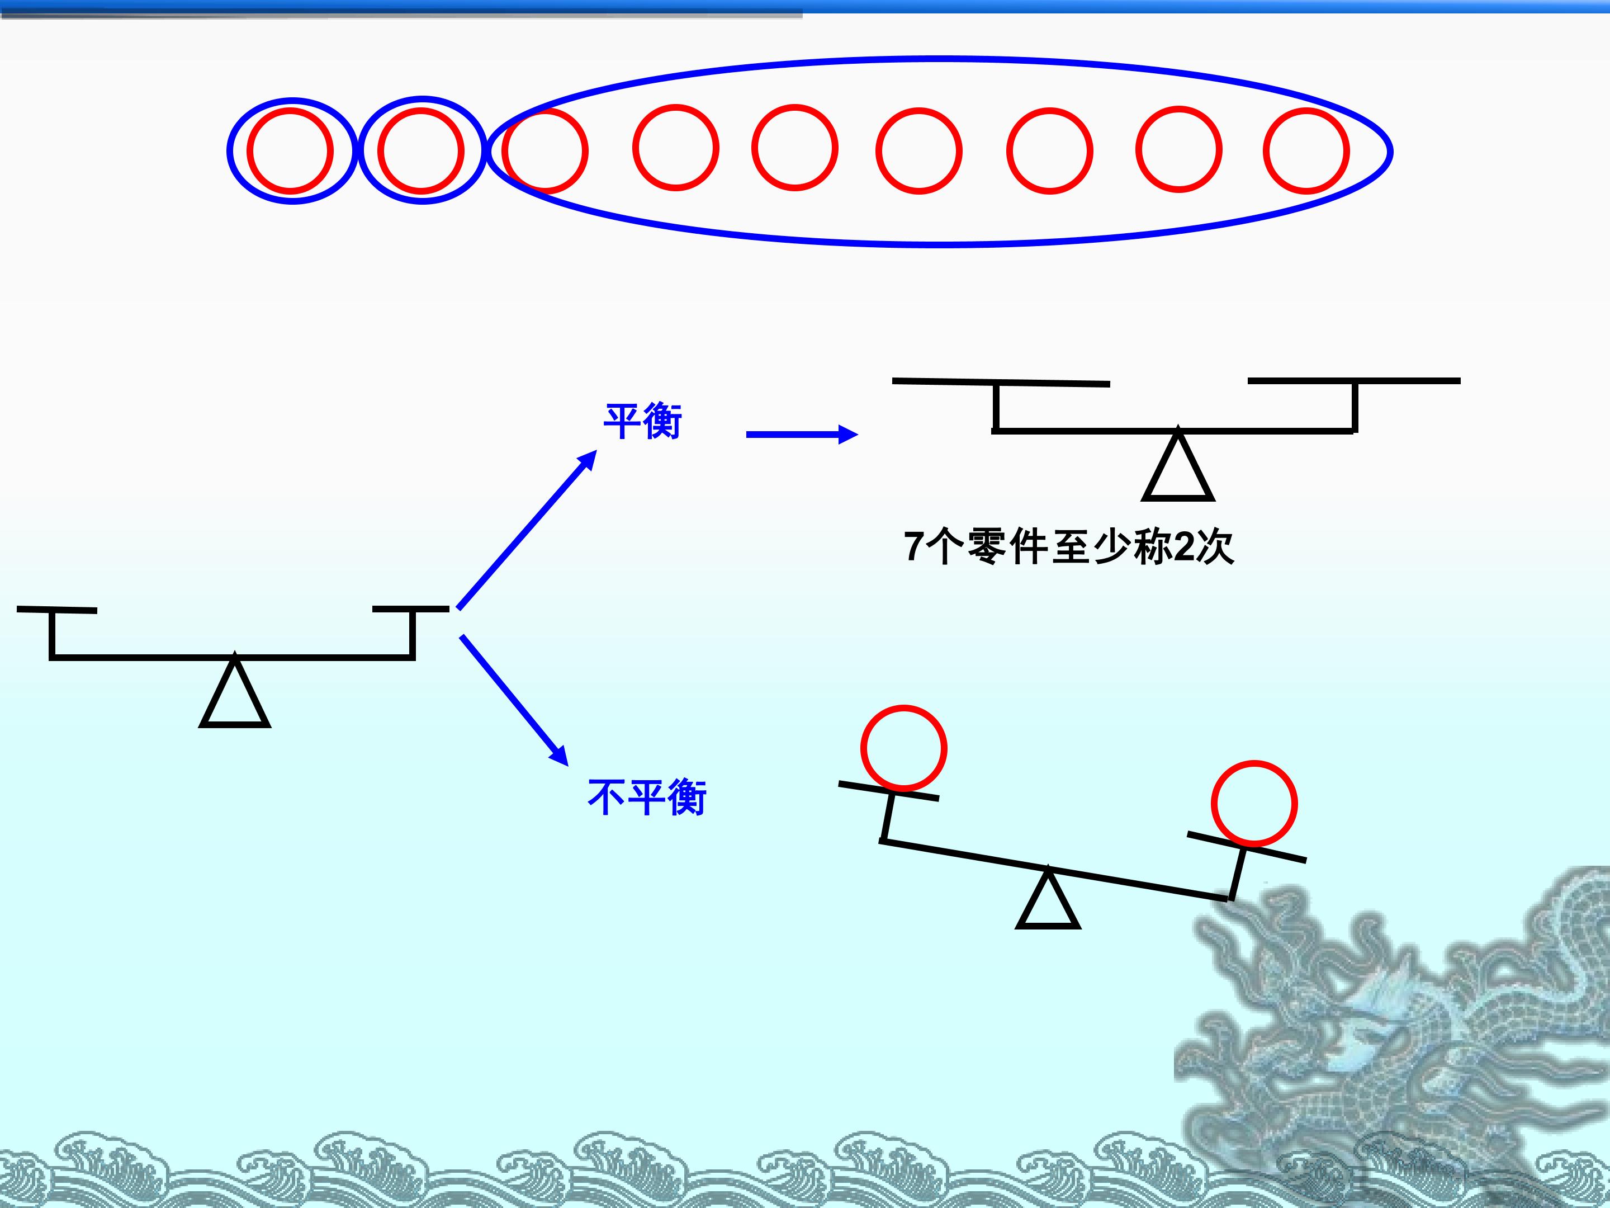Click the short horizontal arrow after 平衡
pyautogui.click(x=802, y=435)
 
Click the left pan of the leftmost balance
pyautogui.click(x=57, y=610)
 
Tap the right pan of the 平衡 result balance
pyautogui.click(x=1354, y=381)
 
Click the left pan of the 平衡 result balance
pyautogui.click(x=1001, y=381)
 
